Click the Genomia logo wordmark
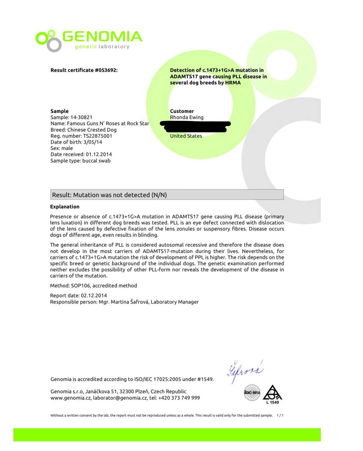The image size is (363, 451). click(x=102, y=36)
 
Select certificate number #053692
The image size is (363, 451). click(x=106, y=70)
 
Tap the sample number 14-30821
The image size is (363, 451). click(x=81, y=117)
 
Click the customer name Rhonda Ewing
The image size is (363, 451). click(x=186, y=117)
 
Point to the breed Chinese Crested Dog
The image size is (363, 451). click(x=92, y=130)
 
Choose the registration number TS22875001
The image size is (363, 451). click(x=97, y=136)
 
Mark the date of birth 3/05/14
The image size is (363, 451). click(x=93, y=142)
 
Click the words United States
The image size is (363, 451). click(x=186, y=136)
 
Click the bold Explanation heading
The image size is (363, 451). click(x=65, y=207)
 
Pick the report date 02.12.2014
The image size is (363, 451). click(x=94, y=296)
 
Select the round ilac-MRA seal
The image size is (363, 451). click(x=252, y=393)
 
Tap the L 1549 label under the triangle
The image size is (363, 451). click(x=273, y=403)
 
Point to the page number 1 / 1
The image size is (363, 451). click(x=280, y=416)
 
